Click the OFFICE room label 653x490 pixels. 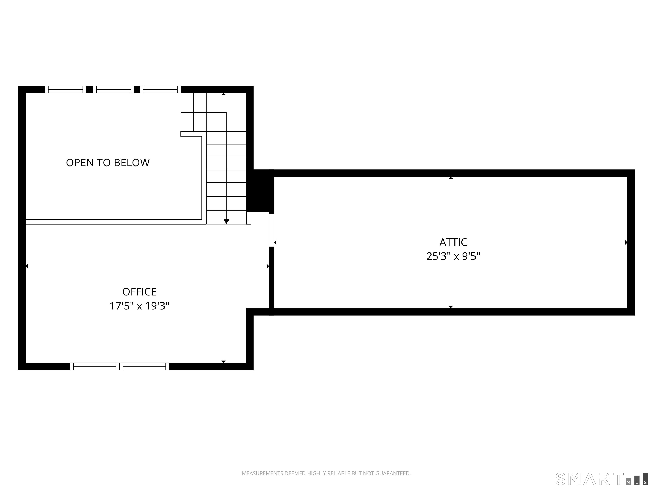[139, 292]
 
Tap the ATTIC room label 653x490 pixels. [453, 242]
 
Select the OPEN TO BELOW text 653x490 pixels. [108, 163]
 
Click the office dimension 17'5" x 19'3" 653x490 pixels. [139, 306]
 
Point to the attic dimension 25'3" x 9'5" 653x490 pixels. [453, 256]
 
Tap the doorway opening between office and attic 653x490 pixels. [271, 230]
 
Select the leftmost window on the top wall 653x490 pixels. [65, 90]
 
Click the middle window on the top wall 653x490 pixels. [114, 90]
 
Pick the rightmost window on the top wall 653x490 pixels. [160, 90]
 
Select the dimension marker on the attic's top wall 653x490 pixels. [450, 178]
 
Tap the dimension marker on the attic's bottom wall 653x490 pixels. [450, 307]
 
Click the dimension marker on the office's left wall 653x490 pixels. [27, 266]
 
